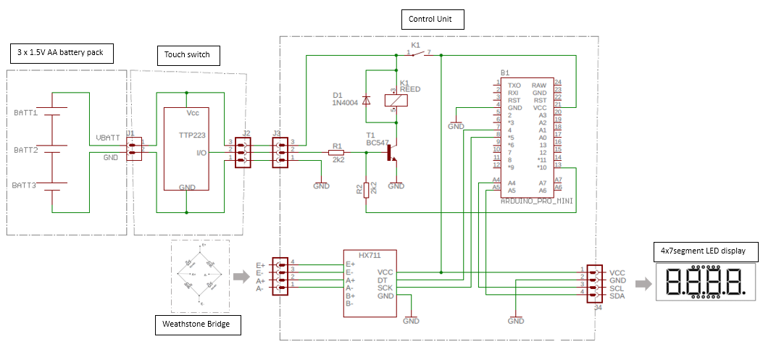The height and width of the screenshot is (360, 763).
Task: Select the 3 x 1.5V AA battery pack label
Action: (x=65, y=53)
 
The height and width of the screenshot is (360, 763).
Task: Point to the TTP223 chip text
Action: (x=192, y=135)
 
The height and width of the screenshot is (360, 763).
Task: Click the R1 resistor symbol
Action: (x=336, y=153)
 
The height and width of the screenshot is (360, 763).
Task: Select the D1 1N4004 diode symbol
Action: (x=366, y=100)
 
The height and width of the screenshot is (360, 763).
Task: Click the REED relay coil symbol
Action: (x=393, y=101)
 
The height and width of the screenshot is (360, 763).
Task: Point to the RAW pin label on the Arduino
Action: (x=538, y=85)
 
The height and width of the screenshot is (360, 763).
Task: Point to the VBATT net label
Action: (x=107, y=138)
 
